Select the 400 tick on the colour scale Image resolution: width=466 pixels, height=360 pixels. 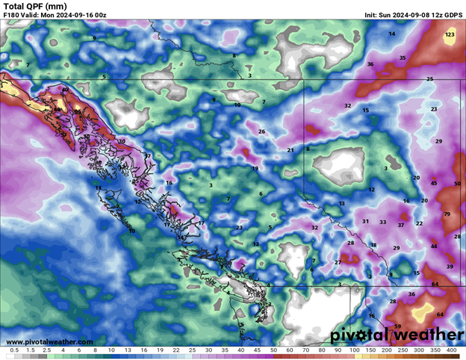coord(451,350)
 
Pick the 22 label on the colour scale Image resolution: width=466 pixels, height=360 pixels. coord(175,350)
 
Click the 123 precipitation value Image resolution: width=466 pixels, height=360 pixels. coord(450,34)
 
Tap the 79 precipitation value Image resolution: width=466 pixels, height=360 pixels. coord(447,214)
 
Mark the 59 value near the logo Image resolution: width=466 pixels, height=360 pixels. coord(397,326)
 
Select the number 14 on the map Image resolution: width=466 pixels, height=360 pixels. coord(391,34)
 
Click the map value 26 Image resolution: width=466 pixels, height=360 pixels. coord(261,131)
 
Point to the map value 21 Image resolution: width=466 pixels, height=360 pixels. coord(291,150)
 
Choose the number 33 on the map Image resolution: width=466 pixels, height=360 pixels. coord(382,222)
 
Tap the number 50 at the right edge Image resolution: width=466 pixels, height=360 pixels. coord(456,183)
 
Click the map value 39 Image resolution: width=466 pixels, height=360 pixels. coord(450,267)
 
